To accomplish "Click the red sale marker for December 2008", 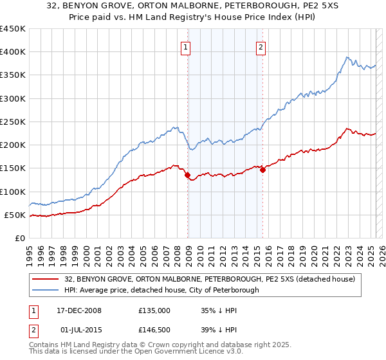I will pos(188,175).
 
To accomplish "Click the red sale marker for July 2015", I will pos(262,170).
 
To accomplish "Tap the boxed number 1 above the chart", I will pos(185,46).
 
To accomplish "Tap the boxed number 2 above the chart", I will pos(261,46).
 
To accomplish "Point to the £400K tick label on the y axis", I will pos(13,52).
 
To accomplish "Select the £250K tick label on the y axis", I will pos(13,122).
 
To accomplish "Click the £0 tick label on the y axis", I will pos(19,238).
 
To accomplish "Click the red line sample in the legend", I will pos(46,279).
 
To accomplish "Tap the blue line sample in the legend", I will pos(46,290).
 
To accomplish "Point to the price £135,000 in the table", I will pos(154,310).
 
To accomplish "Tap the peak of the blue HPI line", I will pos(346,57).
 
